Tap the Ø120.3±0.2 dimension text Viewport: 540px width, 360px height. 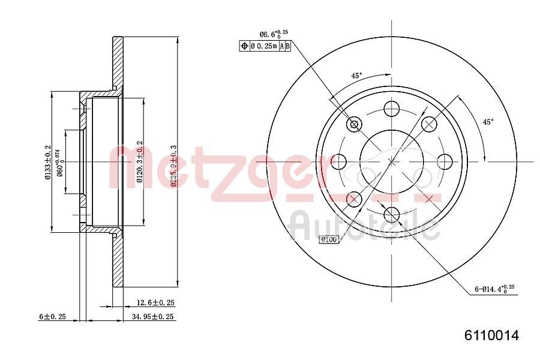pyautogui.click(x=139, y=161)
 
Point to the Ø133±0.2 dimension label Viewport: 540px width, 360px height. pyautogui.click(x=47, y=162)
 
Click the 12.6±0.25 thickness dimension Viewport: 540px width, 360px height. pyautogui.click(x=154, y=303)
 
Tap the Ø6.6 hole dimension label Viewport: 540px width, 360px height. pyautogui.click(x=270, y=35)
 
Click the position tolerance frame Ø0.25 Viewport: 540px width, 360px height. pyautogui.click(x=265, y=46)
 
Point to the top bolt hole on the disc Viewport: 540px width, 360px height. pyautogui.click(x=392, y=109)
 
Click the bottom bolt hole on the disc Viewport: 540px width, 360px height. pyautogui.click(x=392, y=214)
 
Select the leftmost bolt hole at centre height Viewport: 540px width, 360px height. pyautogui.click(x=339, y=161)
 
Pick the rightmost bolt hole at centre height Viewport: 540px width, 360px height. pyautogui.click(x=445, y=161)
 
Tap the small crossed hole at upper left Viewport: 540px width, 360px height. pyautogui.click(x=354, y=124)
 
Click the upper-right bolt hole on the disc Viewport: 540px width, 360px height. pyautogui.click(x=429, y=124)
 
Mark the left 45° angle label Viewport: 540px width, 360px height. pyautogui.click(x=356, y=76)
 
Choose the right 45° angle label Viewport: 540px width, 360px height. pyautogui.click(x=488, y=122)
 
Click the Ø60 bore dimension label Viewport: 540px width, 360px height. pyautogui.click(x=60, y=162)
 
